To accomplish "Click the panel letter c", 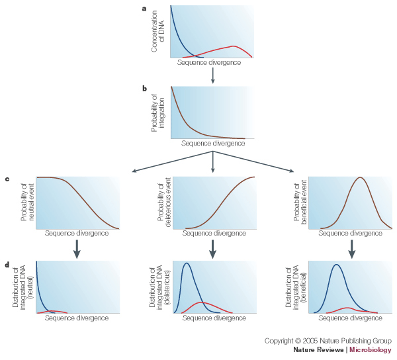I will click(7, 179).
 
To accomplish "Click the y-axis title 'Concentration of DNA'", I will click(159, 31).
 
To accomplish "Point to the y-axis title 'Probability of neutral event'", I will click(27, 202).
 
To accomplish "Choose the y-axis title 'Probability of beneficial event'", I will click(303, 202).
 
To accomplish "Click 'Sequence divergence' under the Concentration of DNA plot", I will click(209, 63).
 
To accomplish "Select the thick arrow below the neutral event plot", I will click(77, 247).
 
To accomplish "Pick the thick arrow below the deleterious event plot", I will click(212, 247).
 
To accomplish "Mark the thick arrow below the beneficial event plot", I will click(351, 247).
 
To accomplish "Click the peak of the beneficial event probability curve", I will click(359, 177).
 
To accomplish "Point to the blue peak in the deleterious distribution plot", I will click(187, 263).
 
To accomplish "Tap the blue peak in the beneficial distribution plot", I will click(337, 265).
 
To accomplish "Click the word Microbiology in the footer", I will click(371, 349).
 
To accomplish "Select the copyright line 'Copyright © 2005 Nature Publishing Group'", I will click(328, 341).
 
